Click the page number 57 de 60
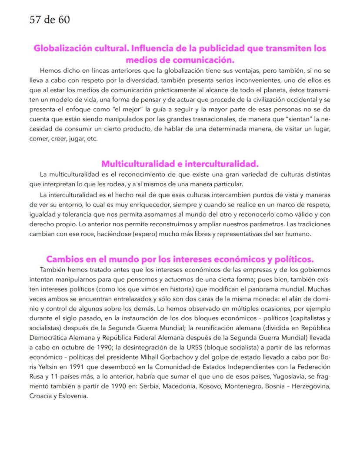pos(50,20)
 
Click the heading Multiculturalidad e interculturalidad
pos(180,164)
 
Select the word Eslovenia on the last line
pos(73,396)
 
